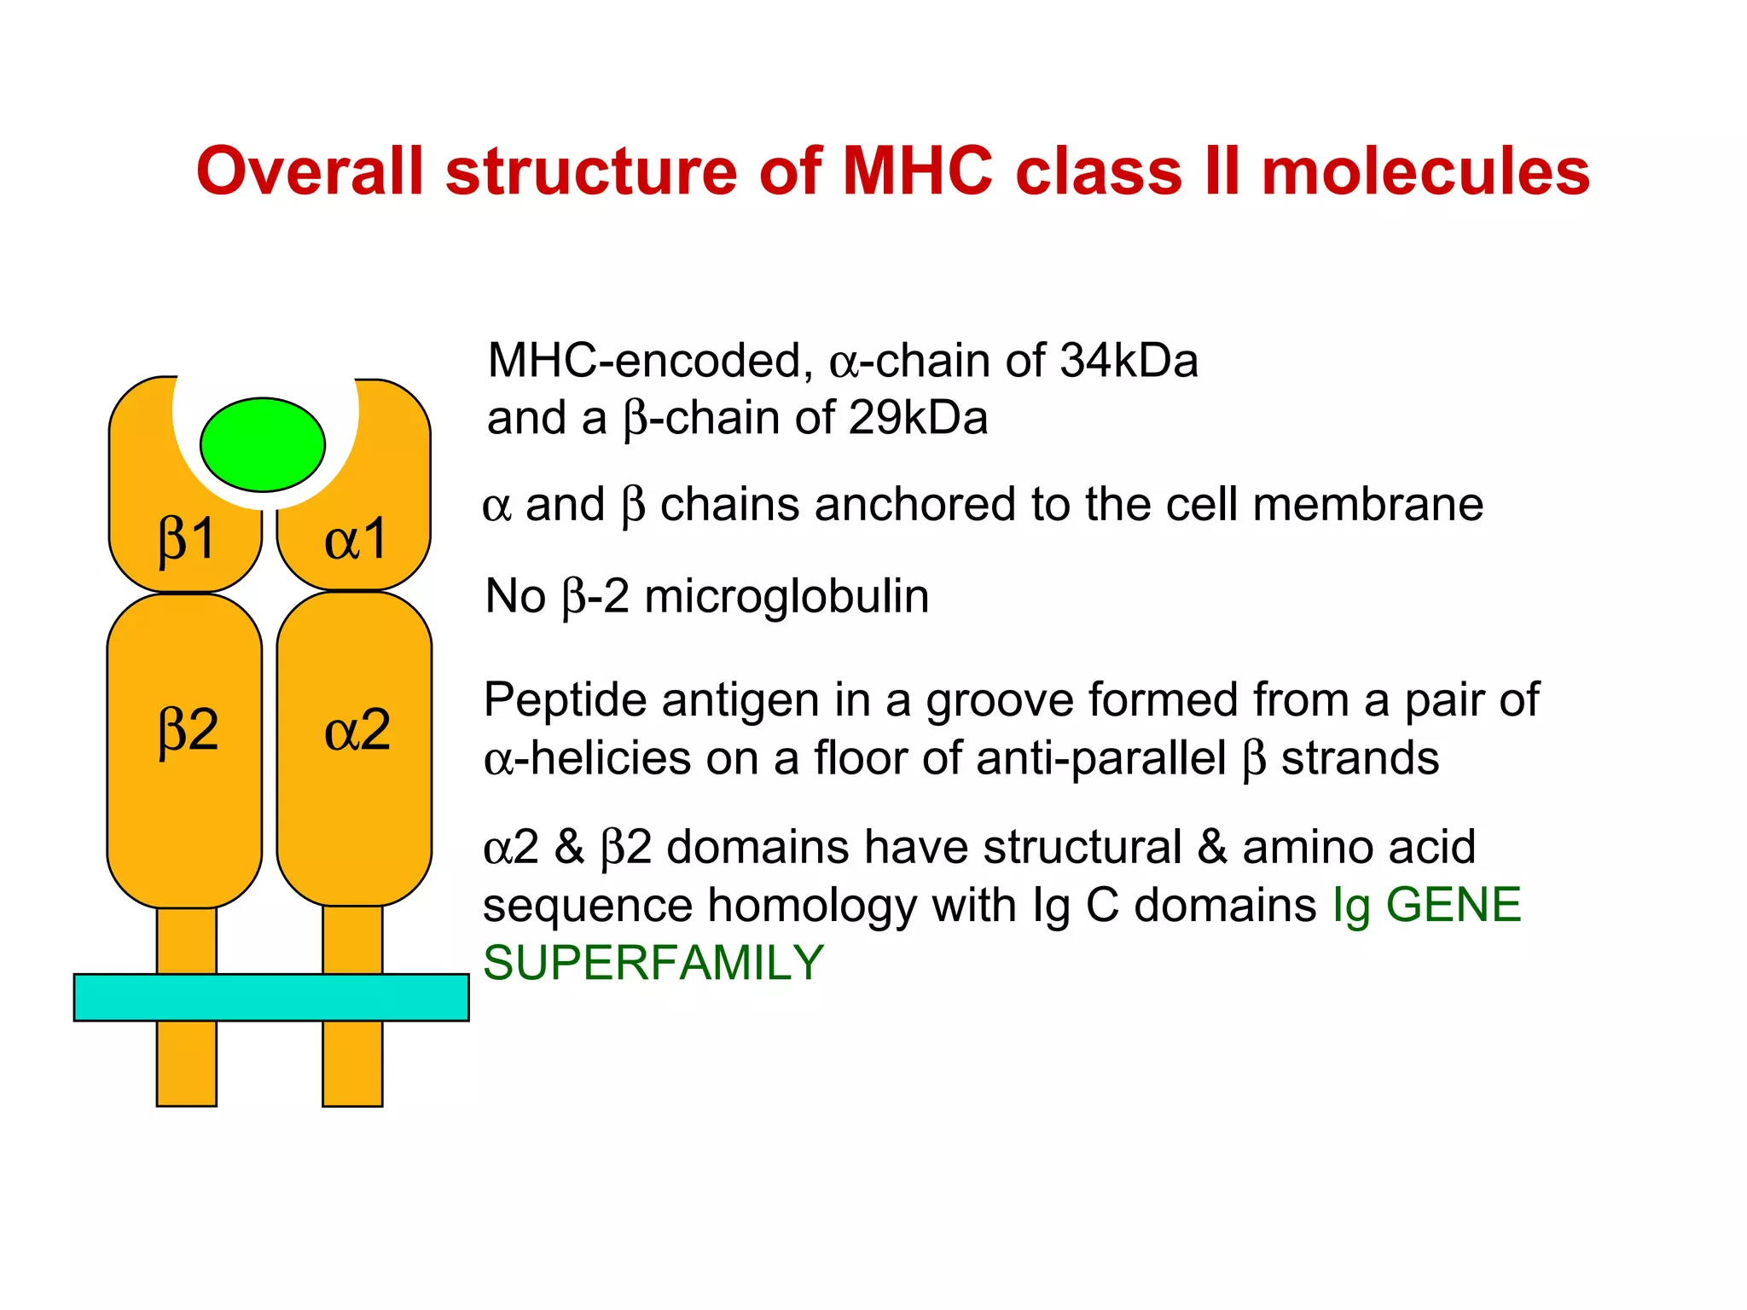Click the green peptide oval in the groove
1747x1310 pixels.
(x=263, y=444)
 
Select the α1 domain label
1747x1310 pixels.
(x=357, y=540)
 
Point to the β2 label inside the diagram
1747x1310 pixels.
(x=189, y=730)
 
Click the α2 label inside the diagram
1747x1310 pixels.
(x=357, y=730)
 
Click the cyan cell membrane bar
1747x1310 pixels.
(x=271, y=997)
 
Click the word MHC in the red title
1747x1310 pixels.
(x=917, y=171)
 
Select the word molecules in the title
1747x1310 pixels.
(x=1425, y=171)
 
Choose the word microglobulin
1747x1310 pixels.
(x=786, y=596)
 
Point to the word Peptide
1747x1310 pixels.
(x=565, y=701)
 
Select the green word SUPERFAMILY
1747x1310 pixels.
(x=653, y=963)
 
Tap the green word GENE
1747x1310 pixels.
(x=1454, y=905)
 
